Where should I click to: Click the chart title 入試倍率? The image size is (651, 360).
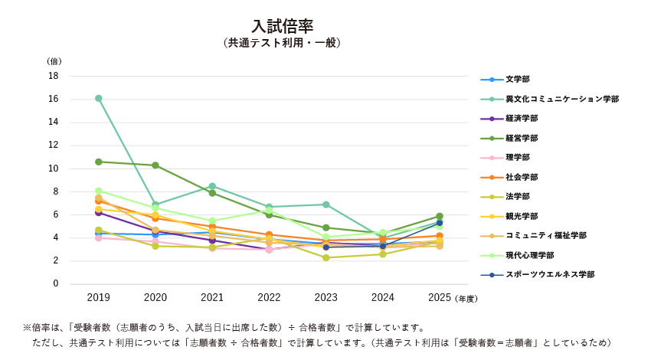coord(283,27)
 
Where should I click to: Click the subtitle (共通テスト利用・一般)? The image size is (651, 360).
coord(283,43)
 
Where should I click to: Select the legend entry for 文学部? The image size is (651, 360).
coord(517,80)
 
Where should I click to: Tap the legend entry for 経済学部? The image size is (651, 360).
coord(522,119)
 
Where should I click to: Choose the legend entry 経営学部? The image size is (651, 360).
coord(522,138)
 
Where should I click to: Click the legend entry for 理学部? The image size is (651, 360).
coord(517,158)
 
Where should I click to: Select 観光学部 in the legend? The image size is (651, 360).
coord(522,216)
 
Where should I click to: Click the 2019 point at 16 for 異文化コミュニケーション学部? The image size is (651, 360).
coord(99,98)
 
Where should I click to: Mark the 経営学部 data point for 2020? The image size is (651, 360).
coord(155,165)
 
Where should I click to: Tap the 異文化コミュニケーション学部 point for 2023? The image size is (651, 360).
coord(326,205)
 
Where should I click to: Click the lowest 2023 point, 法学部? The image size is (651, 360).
coord(326,257)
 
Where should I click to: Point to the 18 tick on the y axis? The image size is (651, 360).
coord(54,76)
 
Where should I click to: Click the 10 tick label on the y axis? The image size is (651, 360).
coord(54,169)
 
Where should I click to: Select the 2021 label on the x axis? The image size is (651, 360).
coord(212,297)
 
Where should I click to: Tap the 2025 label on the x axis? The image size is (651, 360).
coord(440,297)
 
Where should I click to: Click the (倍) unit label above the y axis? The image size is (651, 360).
coord(54,61)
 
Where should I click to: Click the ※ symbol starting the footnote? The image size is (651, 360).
coord(27,328)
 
